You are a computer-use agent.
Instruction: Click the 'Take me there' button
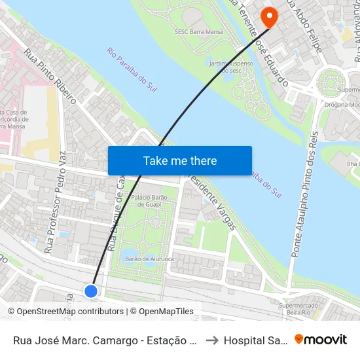click(x=179, y=160)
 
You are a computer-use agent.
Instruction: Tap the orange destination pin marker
click(x=269, y=16)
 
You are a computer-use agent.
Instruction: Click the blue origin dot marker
click(x=91, y=291)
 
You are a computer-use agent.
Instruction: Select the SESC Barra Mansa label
click(x=200, y=31)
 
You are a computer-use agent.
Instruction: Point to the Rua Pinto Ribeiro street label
click(x=50, y=77)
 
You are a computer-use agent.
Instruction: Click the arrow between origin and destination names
click(x=213, y=340)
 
